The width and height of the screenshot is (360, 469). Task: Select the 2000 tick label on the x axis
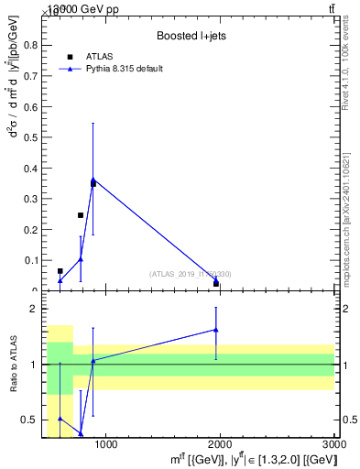click(220, 445)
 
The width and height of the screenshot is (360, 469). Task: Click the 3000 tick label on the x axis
click(333, 445)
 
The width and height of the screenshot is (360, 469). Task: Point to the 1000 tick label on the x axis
click(105, 445)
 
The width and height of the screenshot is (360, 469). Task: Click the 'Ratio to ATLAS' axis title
click(14, 365)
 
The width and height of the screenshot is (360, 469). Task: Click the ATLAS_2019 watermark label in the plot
click(191, 274)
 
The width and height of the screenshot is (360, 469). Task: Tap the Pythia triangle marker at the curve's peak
click(93, 179)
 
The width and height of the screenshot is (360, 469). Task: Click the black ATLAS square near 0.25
click(81, 215)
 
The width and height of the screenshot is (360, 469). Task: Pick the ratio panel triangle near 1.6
click(216, 330)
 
